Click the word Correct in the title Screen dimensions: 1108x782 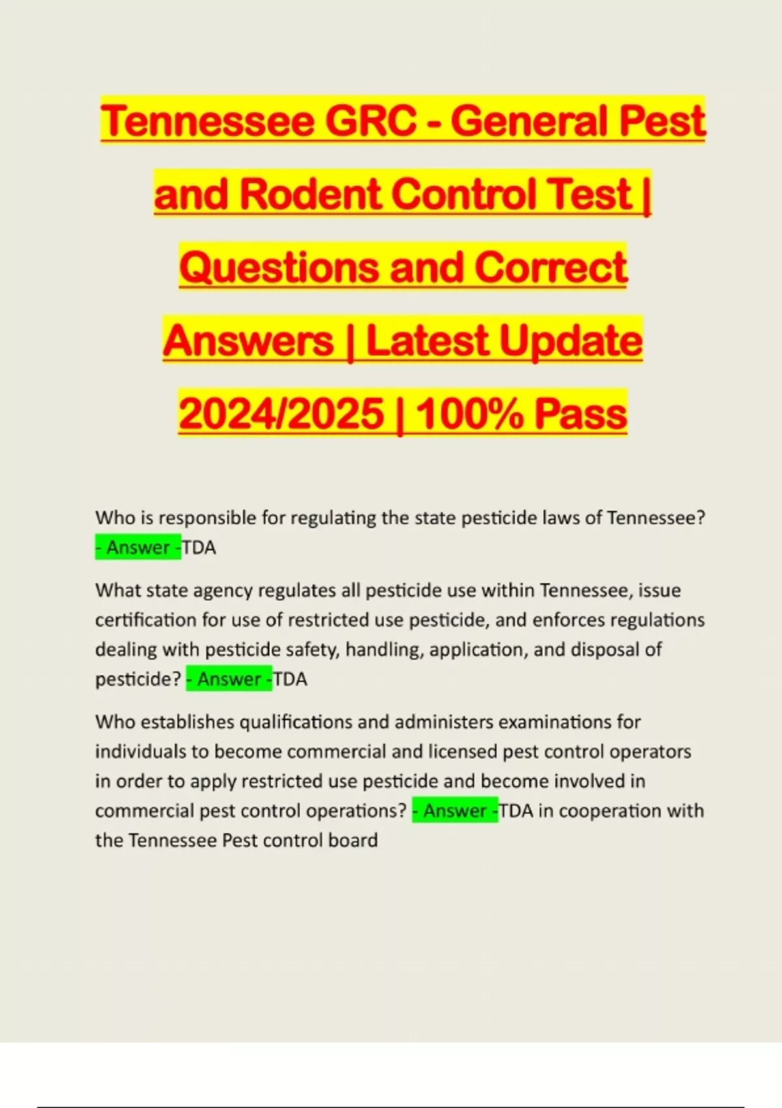click(x=550, y=268)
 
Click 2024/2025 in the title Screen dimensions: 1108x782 click(x=282, y=415)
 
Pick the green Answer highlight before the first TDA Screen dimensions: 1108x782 click(x=138, y=548)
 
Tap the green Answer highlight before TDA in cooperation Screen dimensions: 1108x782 click(x=456, y=811)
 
